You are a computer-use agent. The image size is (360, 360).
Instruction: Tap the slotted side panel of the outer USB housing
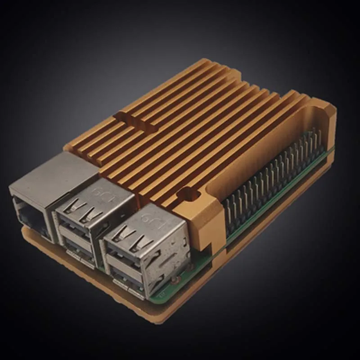coord(173,261)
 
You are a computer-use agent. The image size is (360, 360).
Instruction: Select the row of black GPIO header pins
coord(270,180)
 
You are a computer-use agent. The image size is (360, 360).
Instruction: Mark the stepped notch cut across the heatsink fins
coord(135,119)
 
